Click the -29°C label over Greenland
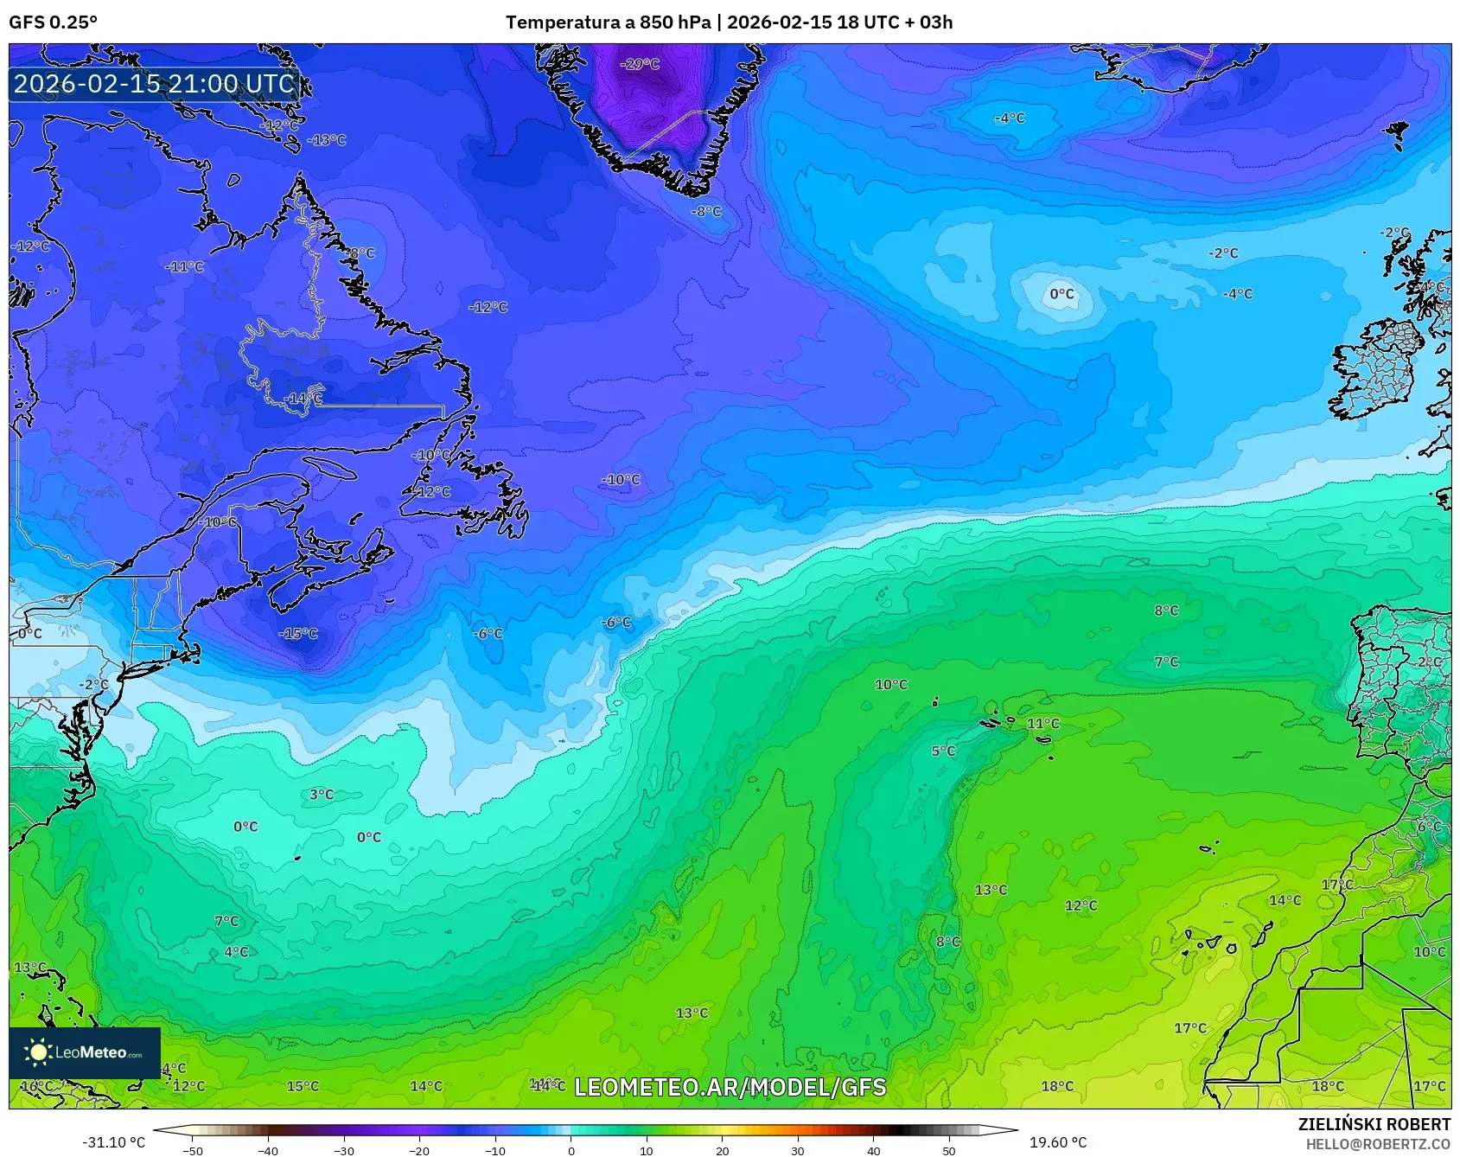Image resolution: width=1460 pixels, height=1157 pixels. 641,64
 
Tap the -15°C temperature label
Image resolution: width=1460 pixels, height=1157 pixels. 298,634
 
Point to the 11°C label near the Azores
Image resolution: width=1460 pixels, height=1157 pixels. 1042,724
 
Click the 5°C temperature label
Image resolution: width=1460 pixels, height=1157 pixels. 943,751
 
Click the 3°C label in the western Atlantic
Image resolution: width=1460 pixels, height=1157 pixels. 322,795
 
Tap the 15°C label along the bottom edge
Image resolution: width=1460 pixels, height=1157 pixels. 303,1087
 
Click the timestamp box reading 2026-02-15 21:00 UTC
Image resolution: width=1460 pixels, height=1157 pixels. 155,84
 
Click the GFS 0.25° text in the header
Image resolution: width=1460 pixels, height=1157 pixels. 54,22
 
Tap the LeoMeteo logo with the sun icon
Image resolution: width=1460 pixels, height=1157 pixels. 85,1052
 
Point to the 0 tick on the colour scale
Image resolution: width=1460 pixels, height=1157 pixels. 571,1151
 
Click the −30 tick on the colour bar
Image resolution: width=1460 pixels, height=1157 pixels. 344,1151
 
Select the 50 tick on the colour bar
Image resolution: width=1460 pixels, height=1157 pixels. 949,1151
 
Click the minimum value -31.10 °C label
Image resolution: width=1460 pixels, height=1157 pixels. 113,1142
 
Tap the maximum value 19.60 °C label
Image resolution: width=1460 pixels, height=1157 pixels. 1057,1142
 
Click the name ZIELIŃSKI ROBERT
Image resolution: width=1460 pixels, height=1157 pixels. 1374,1124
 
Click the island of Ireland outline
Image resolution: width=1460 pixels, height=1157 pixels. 1374,372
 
